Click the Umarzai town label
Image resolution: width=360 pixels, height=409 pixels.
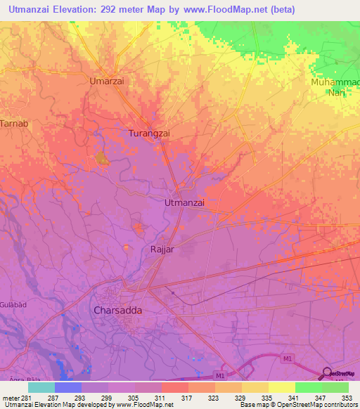point(107,81)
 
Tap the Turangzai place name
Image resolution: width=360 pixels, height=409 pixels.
point(150,133)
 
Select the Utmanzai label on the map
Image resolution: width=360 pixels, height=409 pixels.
point(184,202)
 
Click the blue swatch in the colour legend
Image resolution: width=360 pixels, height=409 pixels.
point(68,387)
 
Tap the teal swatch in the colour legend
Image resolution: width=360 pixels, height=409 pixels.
point(41,387)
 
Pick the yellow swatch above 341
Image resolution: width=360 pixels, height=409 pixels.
point(282,387)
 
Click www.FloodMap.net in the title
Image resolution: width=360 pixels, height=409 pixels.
point(226,9)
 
